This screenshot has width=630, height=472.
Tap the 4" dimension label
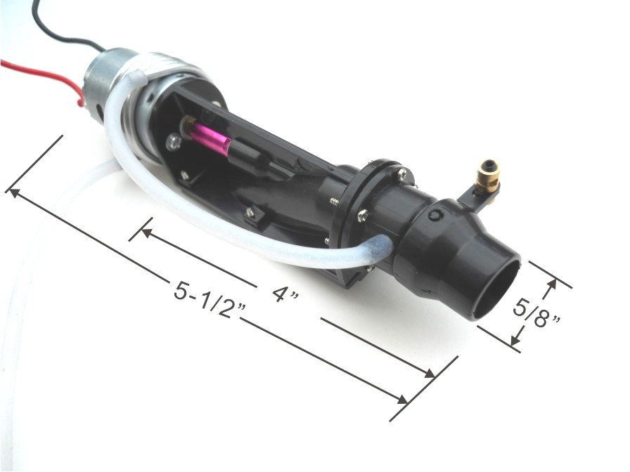[285, 294]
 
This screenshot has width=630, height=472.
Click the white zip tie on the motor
[139, 77]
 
